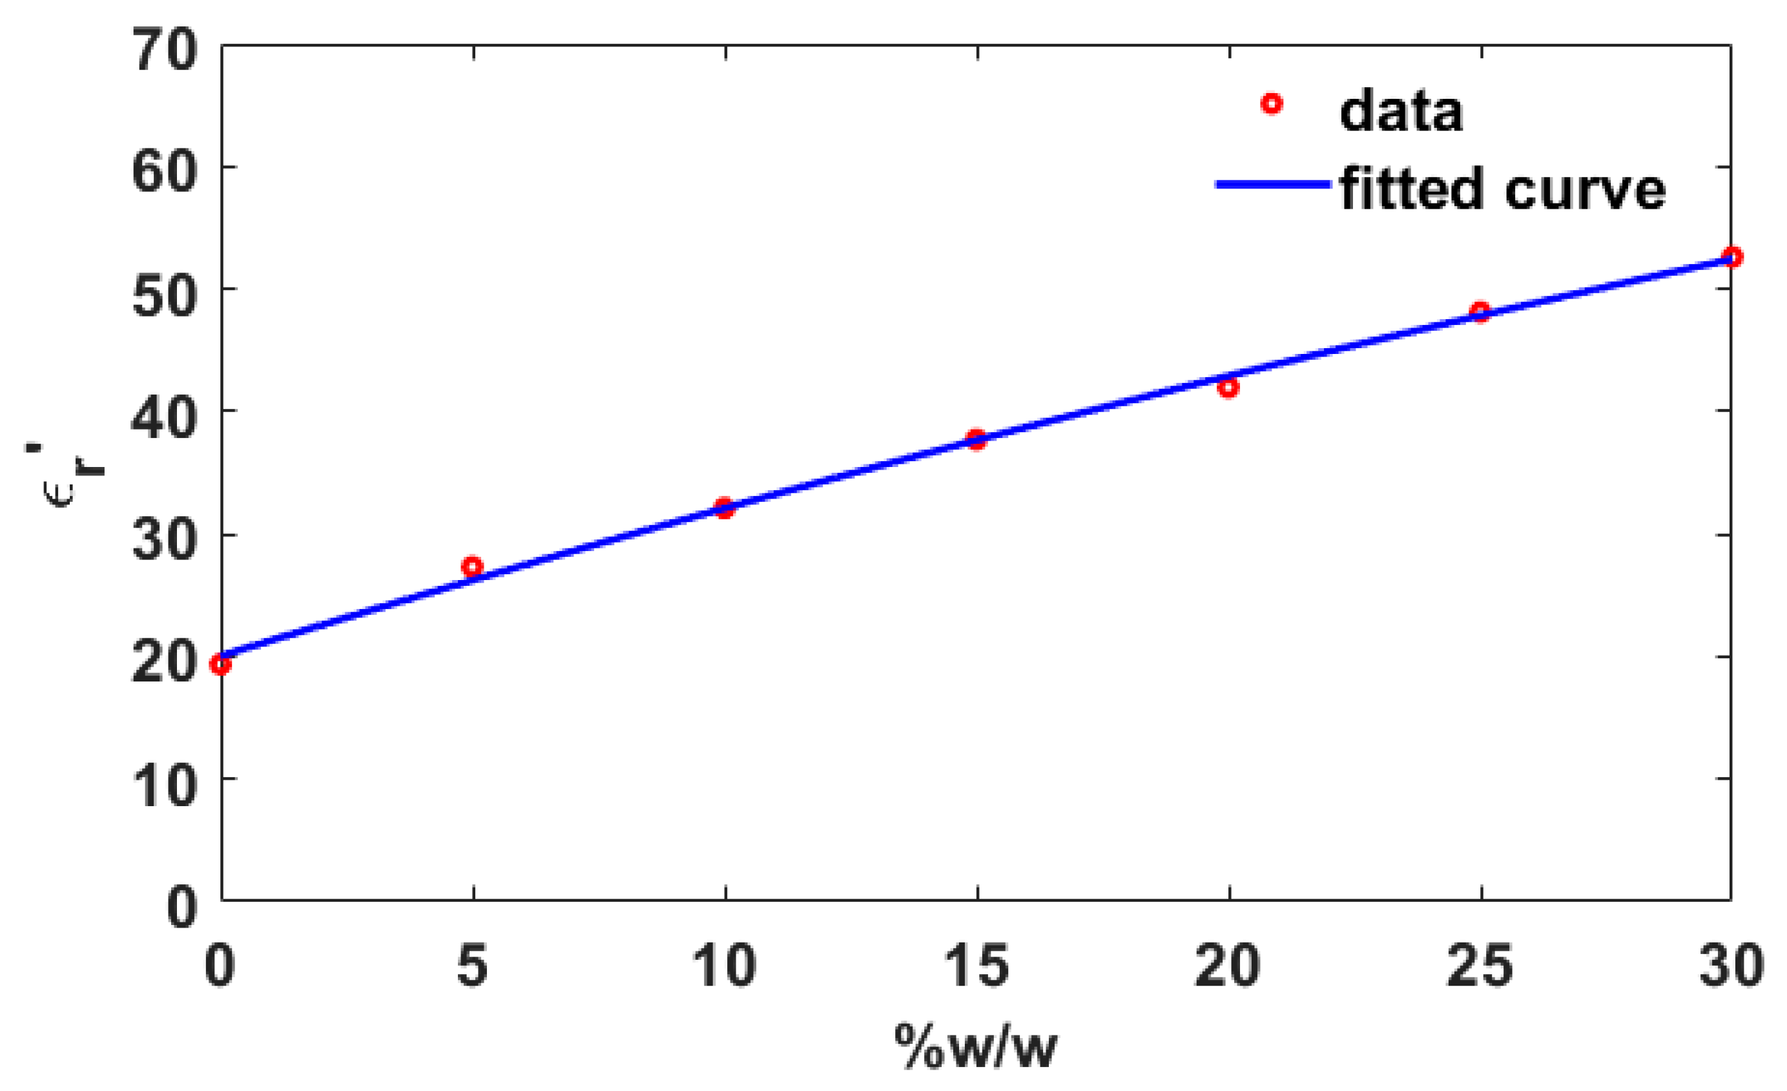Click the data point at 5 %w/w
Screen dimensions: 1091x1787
[472, 566]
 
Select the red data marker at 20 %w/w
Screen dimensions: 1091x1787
[1228, 388]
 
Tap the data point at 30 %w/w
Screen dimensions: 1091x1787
[1732, 257]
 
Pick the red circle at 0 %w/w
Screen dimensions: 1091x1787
[220, 664]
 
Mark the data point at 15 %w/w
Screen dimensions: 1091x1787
[976, 439]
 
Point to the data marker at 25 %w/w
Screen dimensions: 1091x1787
[1480, 312]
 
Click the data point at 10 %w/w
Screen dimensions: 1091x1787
[724, 507]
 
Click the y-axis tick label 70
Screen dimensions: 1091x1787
[165, 51]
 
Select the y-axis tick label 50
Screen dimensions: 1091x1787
[165, 296]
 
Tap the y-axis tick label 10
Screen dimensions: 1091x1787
[165, 785]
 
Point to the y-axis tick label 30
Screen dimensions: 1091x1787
[165, 541]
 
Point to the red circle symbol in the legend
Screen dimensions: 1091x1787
[1272, 105]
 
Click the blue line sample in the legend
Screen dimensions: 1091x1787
[1273, 184]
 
